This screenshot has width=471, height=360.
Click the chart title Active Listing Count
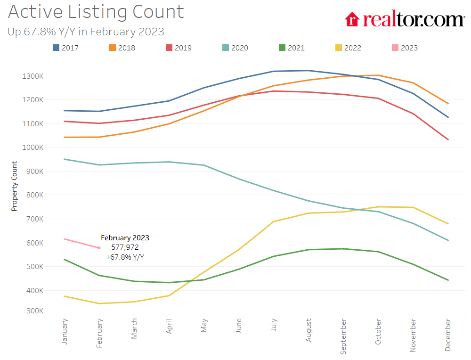[96, 12]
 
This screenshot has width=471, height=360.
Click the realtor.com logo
[405, 19]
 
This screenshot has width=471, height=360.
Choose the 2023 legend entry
[405, 48]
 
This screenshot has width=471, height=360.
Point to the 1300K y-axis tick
[33, 76]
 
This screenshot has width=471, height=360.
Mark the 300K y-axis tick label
[34, 311]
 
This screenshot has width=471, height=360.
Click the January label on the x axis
[65, 331]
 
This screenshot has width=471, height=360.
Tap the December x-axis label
[448, 335]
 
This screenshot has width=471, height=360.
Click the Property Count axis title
[15, 186]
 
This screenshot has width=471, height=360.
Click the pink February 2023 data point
[99, 248]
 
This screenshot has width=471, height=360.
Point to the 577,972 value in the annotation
[125, 247]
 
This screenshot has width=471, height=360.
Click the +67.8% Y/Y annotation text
[125, 257]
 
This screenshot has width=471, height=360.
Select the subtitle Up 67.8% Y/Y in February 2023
[86, 32]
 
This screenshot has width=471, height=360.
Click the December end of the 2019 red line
[448, 139]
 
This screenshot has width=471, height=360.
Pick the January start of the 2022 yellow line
[65, 296]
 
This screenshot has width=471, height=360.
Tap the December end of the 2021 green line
[448, 280]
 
